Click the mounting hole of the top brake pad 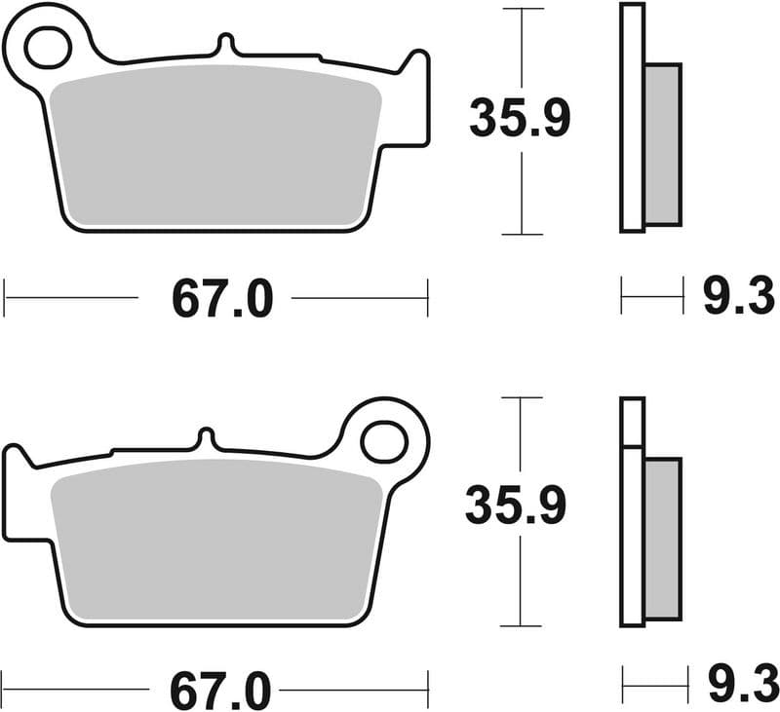[46, 46]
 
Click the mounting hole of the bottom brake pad [383, 441]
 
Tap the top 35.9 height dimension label [519, 119]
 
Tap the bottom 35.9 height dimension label [515, 506]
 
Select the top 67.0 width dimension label [222, 298]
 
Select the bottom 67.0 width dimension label [220, 691]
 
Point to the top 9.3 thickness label [738, 297]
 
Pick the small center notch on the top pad [225, 45]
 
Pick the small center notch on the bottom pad [206, 437]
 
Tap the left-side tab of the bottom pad [15, 492]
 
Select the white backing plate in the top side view [632, 117]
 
